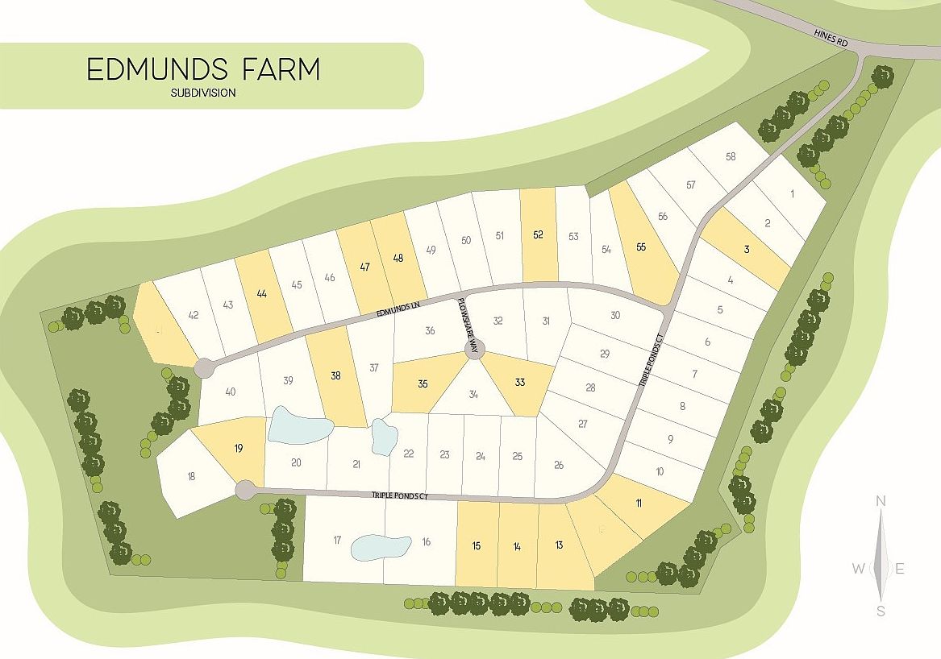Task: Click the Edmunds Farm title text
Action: pos(203,69)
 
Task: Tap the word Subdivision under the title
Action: pos(203,93)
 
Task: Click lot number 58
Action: pos(731,156)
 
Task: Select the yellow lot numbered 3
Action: pos(747,250)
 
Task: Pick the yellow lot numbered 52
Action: pos(539,235)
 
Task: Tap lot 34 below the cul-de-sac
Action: pos(473,395)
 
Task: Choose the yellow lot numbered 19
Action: pos(238,449)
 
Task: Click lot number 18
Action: pos(191,476)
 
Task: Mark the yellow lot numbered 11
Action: pos(639,504)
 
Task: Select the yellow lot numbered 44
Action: pos(261,294)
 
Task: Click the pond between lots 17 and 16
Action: pos(380,548)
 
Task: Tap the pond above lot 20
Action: pos(298,425)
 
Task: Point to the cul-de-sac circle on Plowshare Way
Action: pos(473,349)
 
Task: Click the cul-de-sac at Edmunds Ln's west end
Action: pos(205,368)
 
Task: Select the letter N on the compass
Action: pos(881,502)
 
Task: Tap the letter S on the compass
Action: pos(881,611)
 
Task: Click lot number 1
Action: pos(792,193)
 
